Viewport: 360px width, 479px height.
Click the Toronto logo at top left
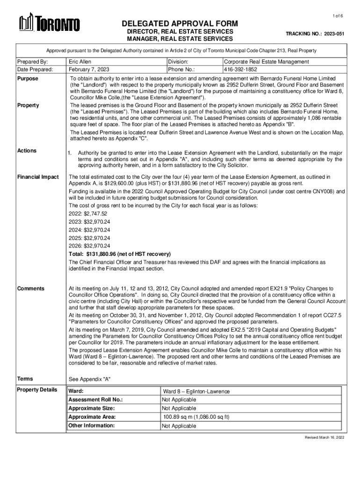[x=49, y=23]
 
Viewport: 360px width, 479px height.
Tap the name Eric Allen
[x=80, y=62]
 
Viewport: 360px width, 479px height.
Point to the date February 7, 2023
[x=89, y=69]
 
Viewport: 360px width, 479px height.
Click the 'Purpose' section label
[x=28, y=79]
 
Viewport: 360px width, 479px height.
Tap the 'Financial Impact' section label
[x=37, y=177]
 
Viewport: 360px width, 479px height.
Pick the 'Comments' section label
[x=30, y=288]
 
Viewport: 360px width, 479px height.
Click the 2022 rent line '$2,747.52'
[x=85, y=214]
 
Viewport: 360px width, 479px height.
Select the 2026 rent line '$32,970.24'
[x=89, y=246]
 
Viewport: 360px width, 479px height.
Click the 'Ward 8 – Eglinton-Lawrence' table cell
[x=196, y=392]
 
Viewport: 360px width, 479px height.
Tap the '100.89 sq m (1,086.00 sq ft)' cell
[x=196, y=417]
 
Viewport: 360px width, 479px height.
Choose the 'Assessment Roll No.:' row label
[x=95, y=400]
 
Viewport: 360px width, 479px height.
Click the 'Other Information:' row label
[x=91, y=425]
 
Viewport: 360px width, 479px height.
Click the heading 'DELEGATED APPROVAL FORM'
[x=180, y=23]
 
